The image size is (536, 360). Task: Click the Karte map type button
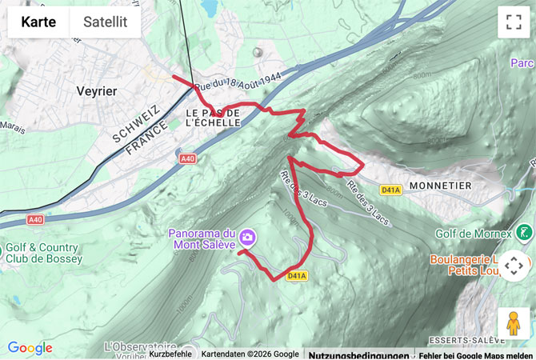tap(38, 22)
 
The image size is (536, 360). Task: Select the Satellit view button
tap(106, 22)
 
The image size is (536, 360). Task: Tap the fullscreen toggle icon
tap(513, 22)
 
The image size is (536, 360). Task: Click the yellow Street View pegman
tap(513, 322)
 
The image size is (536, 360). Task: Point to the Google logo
tap(30, 348)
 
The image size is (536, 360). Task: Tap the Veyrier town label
tap(96, 91)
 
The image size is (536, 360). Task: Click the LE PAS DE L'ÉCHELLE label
tap(213, 118)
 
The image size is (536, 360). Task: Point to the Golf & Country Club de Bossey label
tap(43, 253)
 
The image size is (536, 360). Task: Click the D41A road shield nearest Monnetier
tap(390, 190)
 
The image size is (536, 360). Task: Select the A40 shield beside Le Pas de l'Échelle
tap(187, 159)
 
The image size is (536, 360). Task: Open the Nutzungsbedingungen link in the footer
tap(358, 354)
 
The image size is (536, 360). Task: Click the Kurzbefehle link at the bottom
tap(170, 354)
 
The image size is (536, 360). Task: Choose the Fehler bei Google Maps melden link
tap(475, 354)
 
